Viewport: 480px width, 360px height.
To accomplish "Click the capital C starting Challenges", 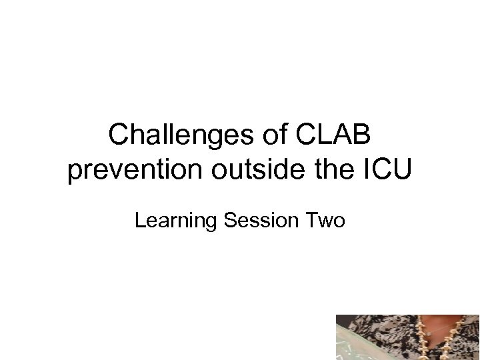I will [x=120, y=136].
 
